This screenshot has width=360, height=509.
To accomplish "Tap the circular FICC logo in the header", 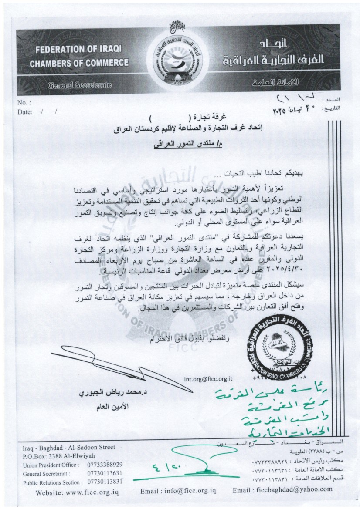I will [180, 61].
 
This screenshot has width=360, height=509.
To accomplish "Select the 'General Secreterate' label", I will [79, 86].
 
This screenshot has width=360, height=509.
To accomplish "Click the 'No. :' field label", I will [25, 103].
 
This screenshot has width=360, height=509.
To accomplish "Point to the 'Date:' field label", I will [25, 112].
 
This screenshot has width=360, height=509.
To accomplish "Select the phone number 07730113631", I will [104, 473].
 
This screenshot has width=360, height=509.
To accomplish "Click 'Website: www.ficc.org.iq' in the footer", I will [72, 493].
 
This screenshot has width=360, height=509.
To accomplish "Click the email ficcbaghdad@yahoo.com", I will [283, 489].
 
